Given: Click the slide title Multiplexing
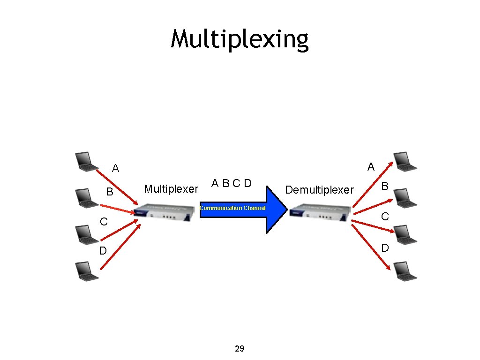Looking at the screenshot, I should (240, 39).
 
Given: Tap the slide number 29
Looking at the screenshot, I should (239, 349).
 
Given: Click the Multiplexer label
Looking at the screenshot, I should (171, 189).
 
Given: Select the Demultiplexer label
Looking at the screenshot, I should (319, 190).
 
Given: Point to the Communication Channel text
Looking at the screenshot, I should (232, 208).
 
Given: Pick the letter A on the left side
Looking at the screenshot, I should (115, 168).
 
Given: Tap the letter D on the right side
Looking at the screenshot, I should (385, 248).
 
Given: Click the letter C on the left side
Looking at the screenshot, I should (104, 221).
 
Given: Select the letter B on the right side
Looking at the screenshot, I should (384, 186).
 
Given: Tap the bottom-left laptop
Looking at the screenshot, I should (86, 271).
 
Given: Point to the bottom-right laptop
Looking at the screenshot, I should (404, 271).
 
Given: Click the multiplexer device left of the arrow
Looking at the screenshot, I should (165, 212).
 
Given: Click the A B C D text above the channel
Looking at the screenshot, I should (232, 183).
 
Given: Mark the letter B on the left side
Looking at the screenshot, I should (109, 192).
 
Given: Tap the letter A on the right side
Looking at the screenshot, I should (371, 167).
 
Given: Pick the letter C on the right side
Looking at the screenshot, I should (385, 216).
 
